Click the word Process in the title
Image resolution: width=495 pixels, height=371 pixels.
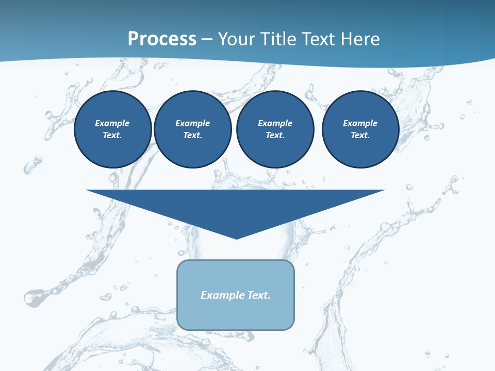(162, 39)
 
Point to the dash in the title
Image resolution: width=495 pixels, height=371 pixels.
(207, 40)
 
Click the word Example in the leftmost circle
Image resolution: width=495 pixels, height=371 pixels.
(112, 123)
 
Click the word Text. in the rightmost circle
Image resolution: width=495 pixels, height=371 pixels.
(360, 135)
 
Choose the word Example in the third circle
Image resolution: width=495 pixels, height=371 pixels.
(275, 123)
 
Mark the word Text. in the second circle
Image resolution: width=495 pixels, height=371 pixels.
(193, 135)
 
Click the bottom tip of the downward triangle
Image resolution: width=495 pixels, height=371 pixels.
(236, 238)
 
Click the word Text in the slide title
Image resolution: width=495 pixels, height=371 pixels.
(319, 39)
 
